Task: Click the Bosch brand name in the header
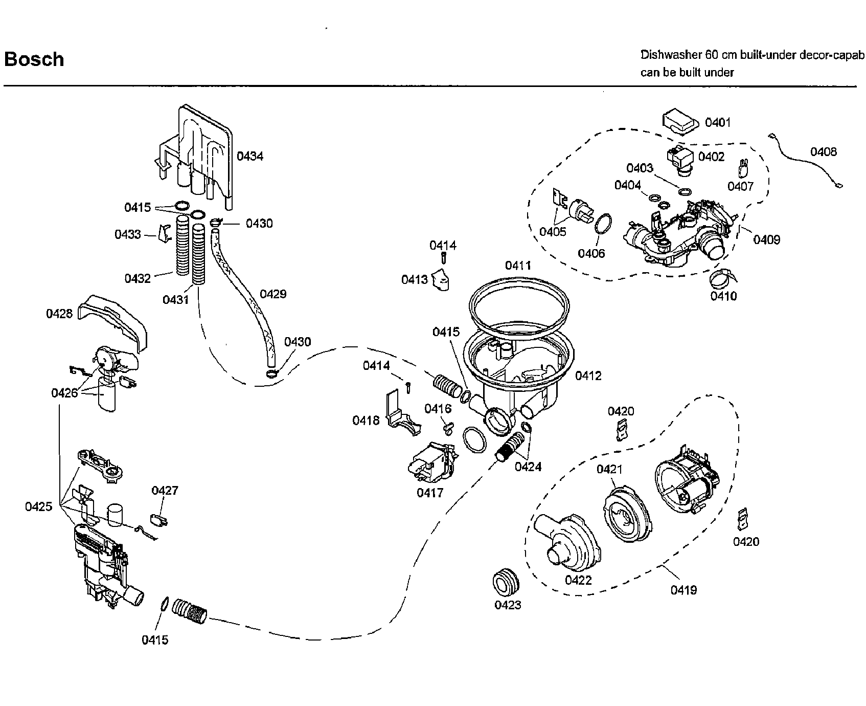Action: click(x=34, y=59)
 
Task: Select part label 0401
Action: click(x=718, y=122)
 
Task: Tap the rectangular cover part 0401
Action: click(x=680, y=123)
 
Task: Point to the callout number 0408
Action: click(x=824, y=151)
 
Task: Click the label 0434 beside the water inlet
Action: click(x=250, y=156)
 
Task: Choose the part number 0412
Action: click(x=588, y=376)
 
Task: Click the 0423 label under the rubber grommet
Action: click(x=508, y=605)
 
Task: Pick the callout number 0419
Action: click(x=683, y=590)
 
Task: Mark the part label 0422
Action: click(x=578, y=580)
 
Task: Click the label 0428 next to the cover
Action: click(x=60, y=314)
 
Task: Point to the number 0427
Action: click(x=165, y=491)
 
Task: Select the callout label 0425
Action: click(x=39, y=506)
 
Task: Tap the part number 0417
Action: click(x=430, y=493)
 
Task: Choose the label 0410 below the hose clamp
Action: click(x=724, y=296)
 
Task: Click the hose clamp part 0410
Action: click(x=722, y=279)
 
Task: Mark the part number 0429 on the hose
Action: click(x=273, y=294)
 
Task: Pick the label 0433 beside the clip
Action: click(x=128, y=235)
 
